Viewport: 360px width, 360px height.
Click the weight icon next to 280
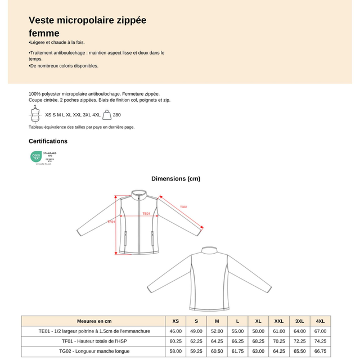click(x=107, y=115)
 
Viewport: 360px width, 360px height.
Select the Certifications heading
click(x=48, y=141)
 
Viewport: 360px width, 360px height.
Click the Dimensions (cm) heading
click(x=175, y=179)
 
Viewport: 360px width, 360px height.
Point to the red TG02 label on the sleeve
click(x=183, y=206)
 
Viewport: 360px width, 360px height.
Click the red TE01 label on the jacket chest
click(x=146, y=214)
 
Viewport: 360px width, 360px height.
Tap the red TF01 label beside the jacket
click(x=111, y=222)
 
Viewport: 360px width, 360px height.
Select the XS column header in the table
click(x=175, y=321)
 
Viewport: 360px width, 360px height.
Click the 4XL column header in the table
click(x=320, y=321)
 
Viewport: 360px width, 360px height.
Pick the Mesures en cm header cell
click(x=94, y=321)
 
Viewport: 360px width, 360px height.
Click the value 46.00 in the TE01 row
click(x=175, y=331)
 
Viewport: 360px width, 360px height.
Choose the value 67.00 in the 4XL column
click(x=320, y=331)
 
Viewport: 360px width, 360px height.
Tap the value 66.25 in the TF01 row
click(x=237, y=341)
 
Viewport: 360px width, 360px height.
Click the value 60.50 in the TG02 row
click(x=217, y=351)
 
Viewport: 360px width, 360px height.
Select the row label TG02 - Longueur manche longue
click(x=94, y=351)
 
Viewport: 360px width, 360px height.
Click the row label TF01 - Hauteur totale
click(x=94, y=341)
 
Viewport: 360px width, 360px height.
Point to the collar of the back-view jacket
click(x=209, y=249)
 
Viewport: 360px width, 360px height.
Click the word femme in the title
click(x=44, y=33)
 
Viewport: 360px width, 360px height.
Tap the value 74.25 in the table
click(x=320, y=341)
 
